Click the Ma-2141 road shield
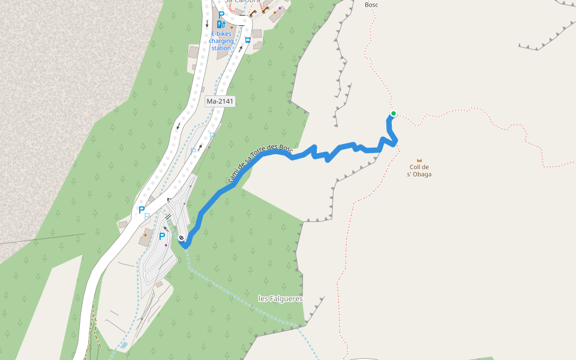pyautogui.click(x=220, y=101)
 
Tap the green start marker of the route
pyautogui.click(x=394, y=113)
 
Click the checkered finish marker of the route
pyautogui.click(x=181, y=238)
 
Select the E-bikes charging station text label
pyautogui.click(x=221, y=41)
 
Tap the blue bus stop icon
pyautogui.click(x=248, y=40)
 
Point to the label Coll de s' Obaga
pyautogui.click(x=419, y=171)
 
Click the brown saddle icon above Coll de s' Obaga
pyautogui.click(x=419, y=161)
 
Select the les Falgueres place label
pyautogui.click(x=280, y=298)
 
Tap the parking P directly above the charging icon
pyautogui.click(x=221, y=14)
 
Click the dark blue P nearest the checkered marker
pyautogui.click(x=161, y=236)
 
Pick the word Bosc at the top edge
pyautogui.click(x=371, y=5)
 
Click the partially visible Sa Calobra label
pyautogui.click(x=244, y=2)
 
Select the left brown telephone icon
pyautogui.click(x=253, y=13)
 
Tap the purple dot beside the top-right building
pyautogui.click(x=279, y=8)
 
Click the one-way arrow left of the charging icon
pyautogui.click(x=207, y=24)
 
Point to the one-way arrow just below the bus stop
pyautogui.click(x=240, y=49)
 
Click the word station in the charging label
pyautogui.click(x=221, y=48)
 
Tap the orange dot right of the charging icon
pyautogui.click(x=232, y=27)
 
